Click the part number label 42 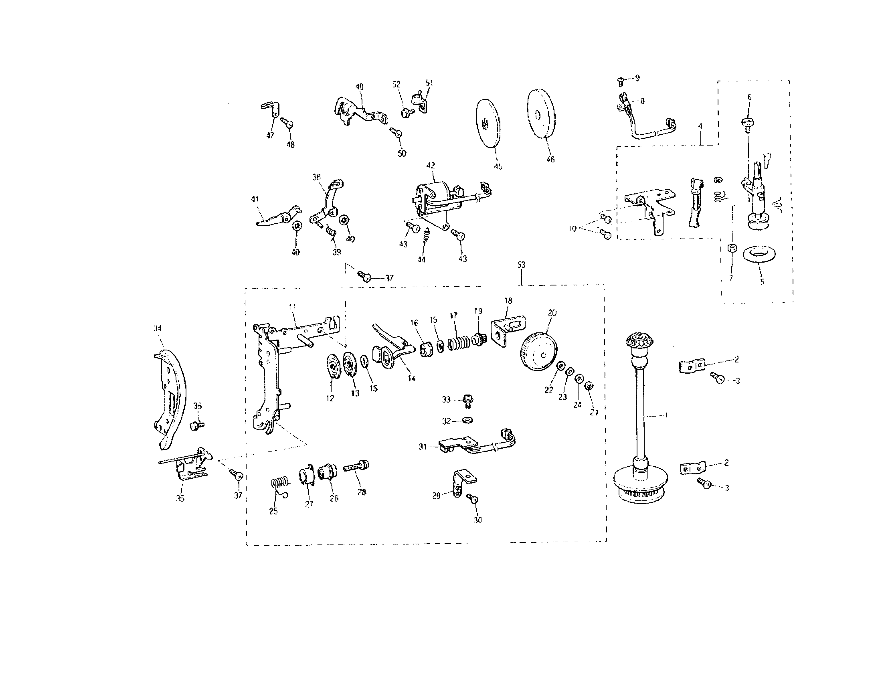[431, 165]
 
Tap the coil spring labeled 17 [460, 343]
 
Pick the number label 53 [521, 265]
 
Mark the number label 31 [423, 447]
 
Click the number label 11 [292, 307]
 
